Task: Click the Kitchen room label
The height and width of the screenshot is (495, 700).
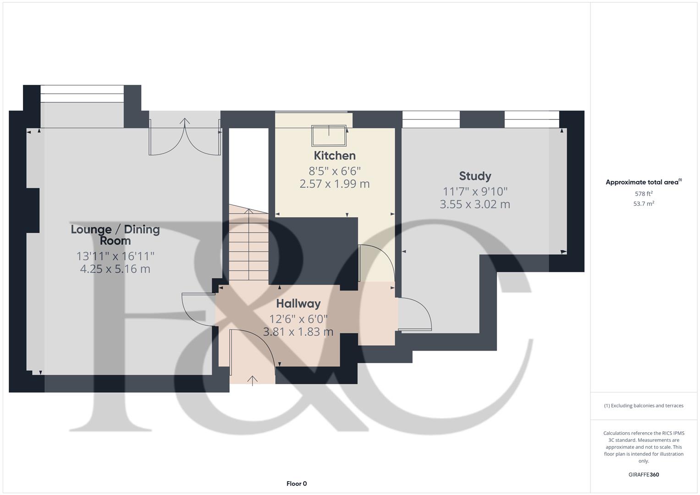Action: click(335, 155)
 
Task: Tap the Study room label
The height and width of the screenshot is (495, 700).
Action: click(475, 176)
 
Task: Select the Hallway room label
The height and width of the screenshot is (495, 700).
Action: click(298, 303)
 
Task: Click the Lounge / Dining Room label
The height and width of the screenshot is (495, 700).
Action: click(115, 235)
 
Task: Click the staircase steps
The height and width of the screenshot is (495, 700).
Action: click(249, 247)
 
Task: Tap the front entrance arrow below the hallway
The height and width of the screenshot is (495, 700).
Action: click(253, 380)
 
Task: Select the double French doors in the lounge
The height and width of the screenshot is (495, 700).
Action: click(185, 137)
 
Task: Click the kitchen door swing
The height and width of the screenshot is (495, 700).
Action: click(376, 264)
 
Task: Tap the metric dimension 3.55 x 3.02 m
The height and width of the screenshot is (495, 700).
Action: click(475, 204)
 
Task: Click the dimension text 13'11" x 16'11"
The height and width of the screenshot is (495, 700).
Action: click(115, 256)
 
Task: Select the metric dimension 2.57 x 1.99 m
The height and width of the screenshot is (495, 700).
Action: click(335, 184)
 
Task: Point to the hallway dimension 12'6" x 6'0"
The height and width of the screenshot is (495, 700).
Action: click(298, 319)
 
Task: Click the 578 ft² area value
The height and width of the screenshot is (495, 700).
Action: click(644, 194)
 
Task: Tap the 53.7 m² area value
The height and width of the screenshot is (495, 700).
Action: click(644, 204)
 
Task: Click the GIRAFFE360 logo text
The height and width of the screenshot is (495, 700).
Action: click(644, 474)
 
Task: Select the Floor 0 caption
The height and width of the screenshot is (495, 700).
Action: click(297, 484)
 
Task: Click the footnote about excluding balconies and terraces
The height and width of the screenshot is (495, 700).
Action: click(644, 406)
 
